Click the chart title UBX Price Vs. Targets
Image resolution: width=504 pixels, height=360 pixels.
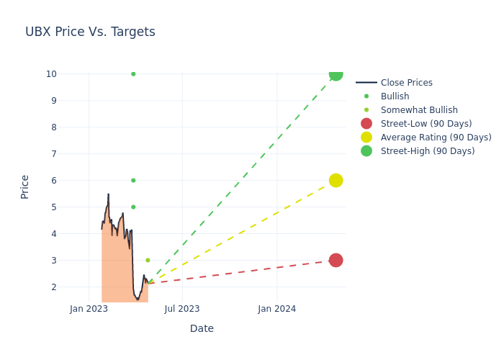[90, 32]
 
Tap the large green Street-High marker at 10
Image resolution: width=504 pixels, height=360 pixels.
[336, 73]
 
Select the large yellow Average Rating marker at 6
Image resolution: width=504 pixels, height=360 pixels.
[336, 180]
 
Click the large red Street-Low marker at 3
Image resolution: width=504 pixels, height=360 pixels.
[336, 260]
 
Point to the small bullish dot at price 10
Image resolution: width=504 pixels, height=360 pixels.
[133, 74]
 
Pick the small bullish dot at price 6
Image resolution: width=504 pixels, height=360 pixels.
[133, 180]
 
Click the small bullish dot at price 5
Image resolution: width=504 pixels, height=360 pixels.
[133, 207]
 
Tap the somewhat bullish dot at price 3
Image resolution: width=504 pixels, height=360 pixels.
[148, 260]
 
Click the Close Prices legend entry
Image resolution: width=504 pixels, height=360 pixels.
[406, 83]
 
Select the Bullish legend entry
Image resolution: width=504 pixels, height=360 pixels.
[395, 96]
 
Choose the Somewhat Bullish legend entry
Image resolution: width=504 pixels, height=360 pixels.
[419, 110]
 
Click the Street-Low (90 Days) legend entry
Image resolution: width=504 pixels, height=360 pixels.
[426, 124]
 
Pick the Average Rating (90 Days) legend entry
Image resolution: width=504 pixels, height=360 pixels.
[436, 138]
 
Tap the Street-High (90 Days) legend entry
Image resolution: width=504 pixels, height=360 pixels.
[428, 151]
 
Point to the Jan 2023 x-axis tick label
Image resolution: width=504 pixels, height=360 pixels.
[89, 309]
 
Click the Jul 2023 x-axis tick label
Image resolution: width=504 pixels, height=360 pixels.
[182, 309]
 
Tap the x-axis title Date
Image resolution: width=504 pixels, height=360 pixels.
[202, 328]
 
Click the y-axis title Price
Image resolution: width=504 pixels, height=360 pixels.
[25, 186]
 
